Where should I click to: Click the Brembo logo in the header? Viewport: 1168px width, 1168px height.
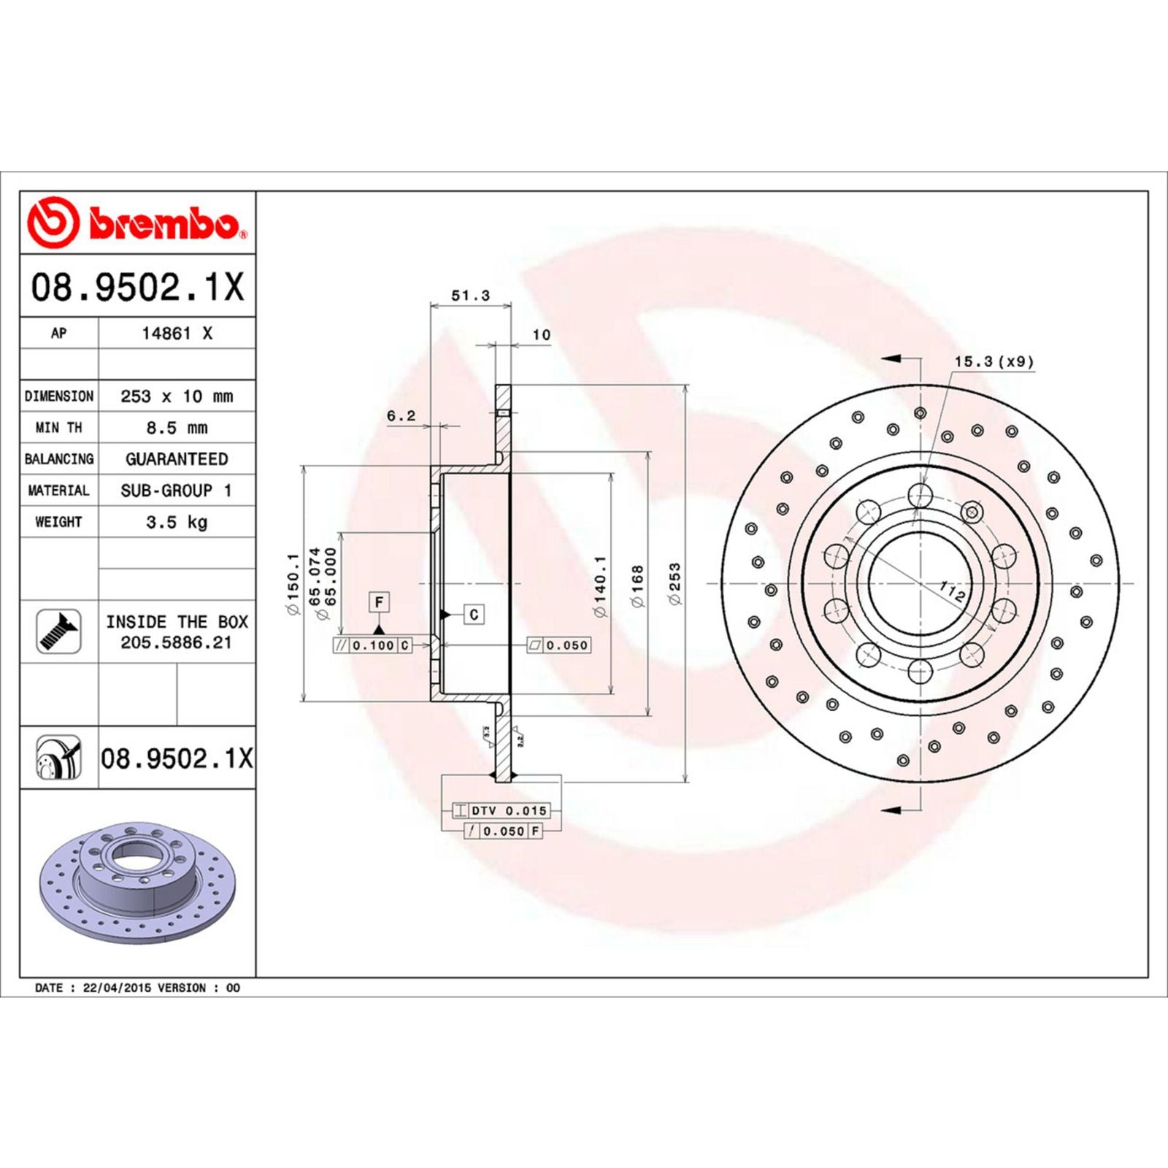click(x=137, y=223)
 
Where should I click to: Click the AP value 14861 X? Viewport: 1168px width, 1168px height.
click(x=177, y=334)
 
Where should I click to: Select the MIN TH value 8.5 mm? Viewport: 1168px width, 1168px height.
click(x=177, y=428)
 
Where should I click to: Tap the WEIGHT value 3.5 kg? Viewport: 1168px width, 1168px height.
click(x=177, y=522)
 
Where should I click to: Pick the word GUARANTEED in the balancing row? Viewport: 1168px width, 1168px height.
click(x=177, y=459)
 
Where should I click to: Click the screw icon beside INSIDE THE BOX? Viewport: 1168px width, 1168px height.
click(x=58, y=631)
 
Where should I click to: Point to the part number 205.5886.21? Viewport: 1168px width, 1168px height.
click(x=177, y=642)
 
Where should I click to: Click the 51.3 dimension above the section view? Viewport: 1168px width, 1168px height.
click(x=470, y=296)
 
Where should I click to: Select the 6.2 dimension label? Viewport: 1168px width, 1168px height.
click(x=401, y=416)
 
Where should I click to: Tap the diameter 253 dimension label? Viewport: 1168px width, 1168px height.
click(x=675, y=583)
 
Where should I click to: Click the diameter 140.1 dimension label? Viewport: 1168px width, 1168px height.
click(x=600, y=586)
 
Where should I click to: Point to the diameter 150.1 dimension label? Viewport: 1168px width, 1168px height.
click(x=293, y=583)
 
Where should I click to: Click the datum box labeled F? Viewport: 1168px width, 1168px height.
click(x=379, y=602)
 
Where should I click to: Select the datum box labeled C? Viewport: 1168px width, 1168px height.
click(x=474, y=615)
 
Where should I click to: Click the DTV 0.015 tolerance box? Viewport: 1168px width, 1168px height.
click(x=500, y=810)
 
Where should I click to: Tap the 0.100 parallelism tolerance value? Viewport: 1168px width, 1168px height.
click(x=373, y=645)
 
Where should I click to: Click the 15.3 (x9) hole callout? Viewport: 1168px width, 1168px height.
click(x=994, y=361)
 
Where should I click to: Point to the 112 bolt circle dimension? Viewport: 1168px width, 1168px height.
click(x=952, y=591)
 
